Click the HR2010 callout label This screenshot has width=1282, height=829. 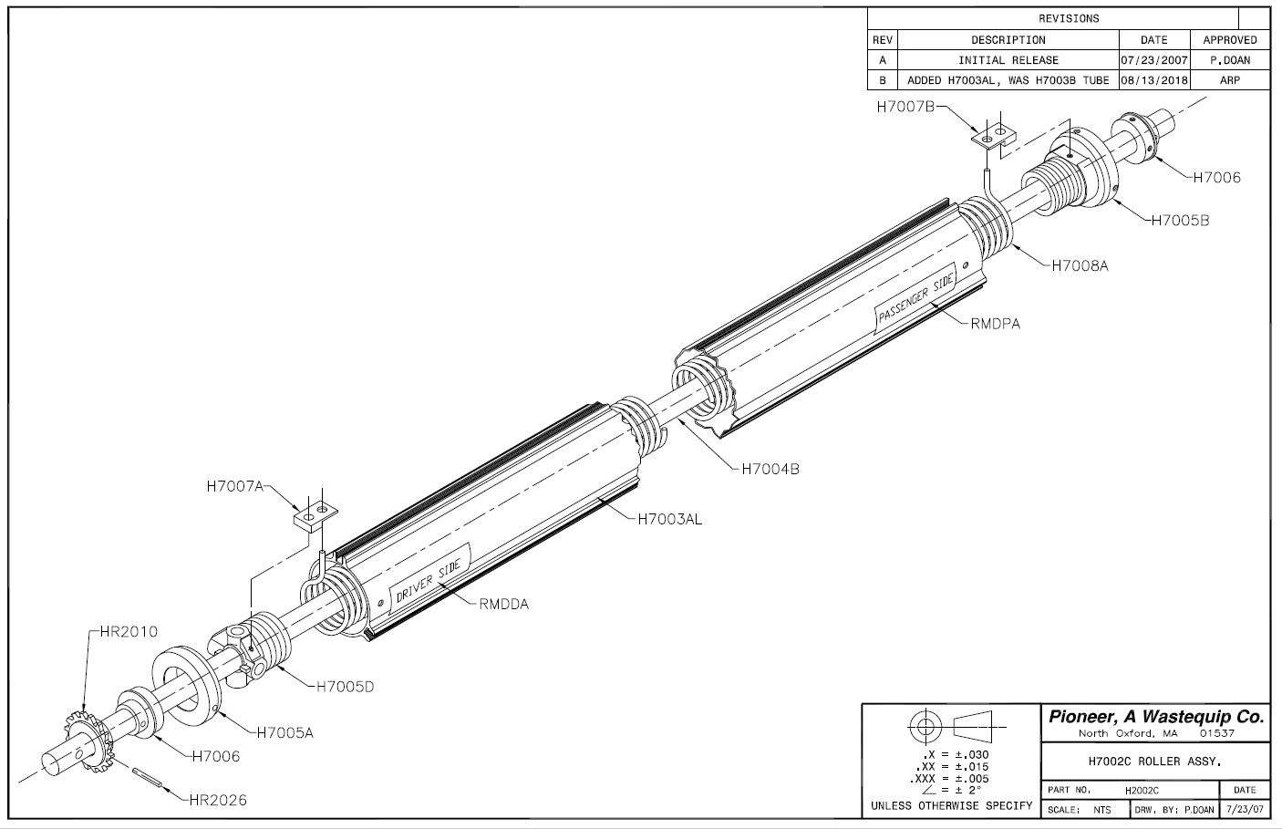pyautogui.click(x=123, y=631)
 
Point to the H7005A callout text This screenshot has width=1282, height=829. pyautogui.click(x=284, y=731)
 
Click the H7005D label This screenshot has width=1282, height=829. pyautogui.click(x=345, y=687)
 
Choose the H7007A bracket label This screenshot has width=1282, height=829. pyautogui.click(x=234, y=486)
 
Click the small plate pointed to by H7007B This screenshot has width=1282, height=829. pyautogui.click(x=993, y=135)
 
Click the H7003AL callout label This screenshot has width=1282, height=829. pyautogui.click(x=669, y=519)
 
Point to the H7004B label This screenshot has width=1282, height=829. pyautogui.click(x=770, y=469)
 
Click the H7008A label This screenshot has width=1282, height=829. pyautogui.click(x=1080, y=265)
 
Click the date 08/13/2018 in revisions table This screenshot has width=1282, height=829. pyautogui.click(x=1153, y=80)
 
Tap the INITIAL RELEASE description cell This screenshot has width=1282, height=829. pyautogui.click(x=1008, y=60)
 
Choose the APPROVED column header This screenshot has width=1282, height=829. pyautogui.click(x=1229, y=40)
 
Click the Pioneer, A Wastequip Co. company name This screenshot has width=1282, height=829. pyautogui.click(x=1156, y=717)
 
